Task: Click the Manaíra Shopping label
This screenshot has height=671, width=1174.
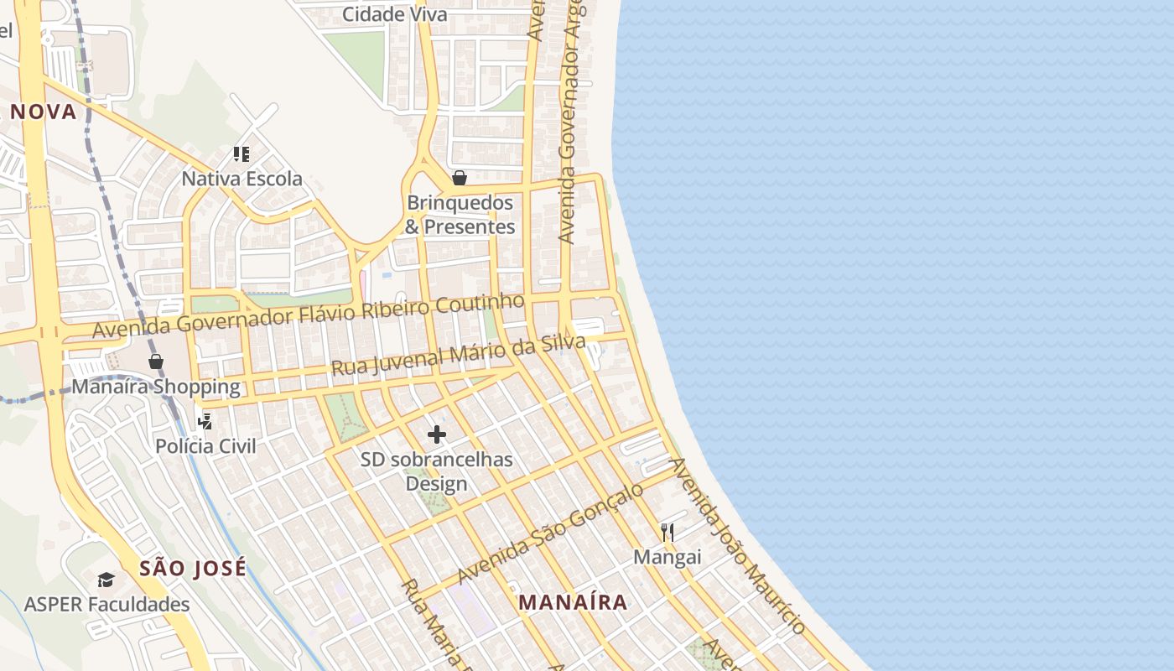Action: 156,388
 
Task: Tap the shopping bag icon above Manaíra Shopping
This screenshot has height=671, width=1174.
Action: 156,362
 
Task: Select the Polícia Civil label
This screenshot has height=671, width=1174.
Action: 205,446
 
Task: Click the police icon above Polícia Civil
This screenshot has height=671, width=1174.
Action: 205,421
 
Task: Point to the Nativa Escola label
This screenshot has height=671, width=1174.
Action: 242,179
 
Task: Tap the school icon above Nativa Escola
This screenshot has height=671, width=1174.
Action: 242,153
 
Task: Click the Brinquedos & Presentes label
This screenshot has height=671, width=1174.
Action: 460,215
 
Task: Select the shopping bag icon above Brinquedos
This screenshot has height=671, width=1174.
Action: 459,178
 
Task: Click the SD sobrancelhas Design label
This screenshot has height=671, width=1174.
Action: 436,471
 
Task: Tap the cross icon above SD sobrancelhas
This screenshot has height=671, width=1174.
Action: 437,434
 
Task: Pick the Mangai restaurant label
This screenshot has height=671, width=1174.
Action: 667,557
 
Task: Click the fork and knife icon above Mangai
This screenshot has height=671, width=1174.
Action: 668,532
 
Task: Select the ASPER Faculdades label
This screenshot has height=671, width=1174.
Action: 106,604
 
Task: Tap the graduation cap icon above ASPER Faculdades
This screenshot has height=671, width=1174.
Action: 106,580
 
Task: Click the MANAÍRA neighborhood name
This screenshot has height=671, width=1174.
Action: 573,602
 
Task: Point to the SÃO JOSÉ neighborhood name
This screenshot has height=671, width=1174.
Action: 193,568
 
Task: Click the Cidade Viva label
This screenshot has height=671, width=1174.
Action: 395,14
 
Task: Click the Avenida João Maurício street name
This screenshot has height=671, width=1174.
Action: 738,545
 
